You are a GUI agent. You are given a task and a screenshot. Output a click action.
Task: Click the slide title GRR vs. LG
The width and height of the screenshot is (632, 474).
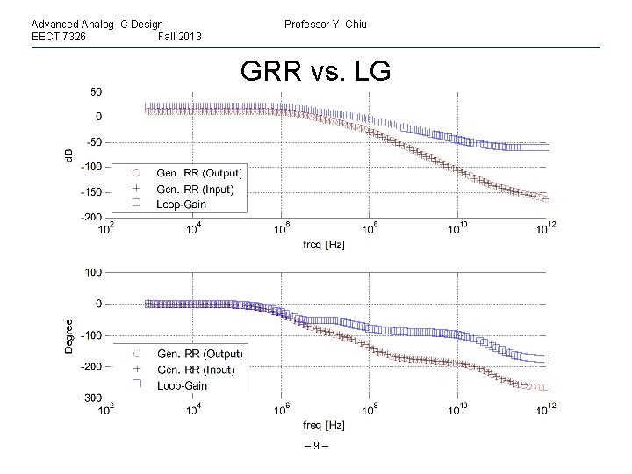[314, 71]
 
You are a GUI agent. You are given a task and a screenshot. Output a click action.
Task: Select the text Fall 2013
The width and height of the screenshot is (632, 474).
[180, 37]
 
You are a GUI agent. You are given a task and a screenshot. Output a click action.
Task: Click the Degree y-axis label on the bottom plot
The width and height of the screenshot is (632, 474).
[69, 335]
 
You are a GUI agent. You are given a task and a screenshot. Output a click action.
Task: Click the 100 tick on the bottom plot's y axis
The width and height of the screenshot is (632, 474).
[93, 272]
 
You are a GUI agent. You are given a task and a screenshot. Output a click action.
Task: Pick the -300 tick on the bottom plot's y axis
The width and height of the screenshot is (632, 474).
[90, 398]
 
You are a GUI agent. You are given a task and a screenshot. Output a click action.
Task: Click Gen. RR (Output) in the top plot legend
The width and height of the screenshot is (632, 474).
[199, 172]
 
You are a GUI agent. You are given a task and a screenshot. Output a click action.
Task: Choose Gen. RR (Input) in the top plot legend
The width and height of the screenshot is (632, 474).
[195, 189]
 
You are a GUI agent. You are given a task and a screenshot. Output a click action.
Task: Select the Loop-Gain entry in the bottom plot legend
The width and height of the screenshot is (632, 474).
[182, 385]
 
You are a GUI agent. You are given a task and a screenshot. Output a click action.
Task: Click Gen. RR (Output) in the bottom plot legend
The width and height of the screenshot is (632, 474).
[199, 354]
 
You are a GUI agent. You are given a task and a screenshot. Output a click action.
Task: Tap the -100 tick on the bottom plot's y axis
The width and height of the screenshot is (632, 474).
[90, 335]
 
